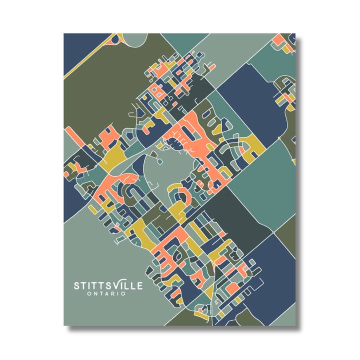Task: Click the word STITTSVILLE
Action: pos(108,285)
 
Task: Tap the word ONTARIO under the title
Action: pos(106,293)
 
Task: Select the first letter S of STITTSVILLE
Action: pos(77,286)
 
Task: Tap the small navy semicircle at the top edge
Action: pos(116,38)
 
